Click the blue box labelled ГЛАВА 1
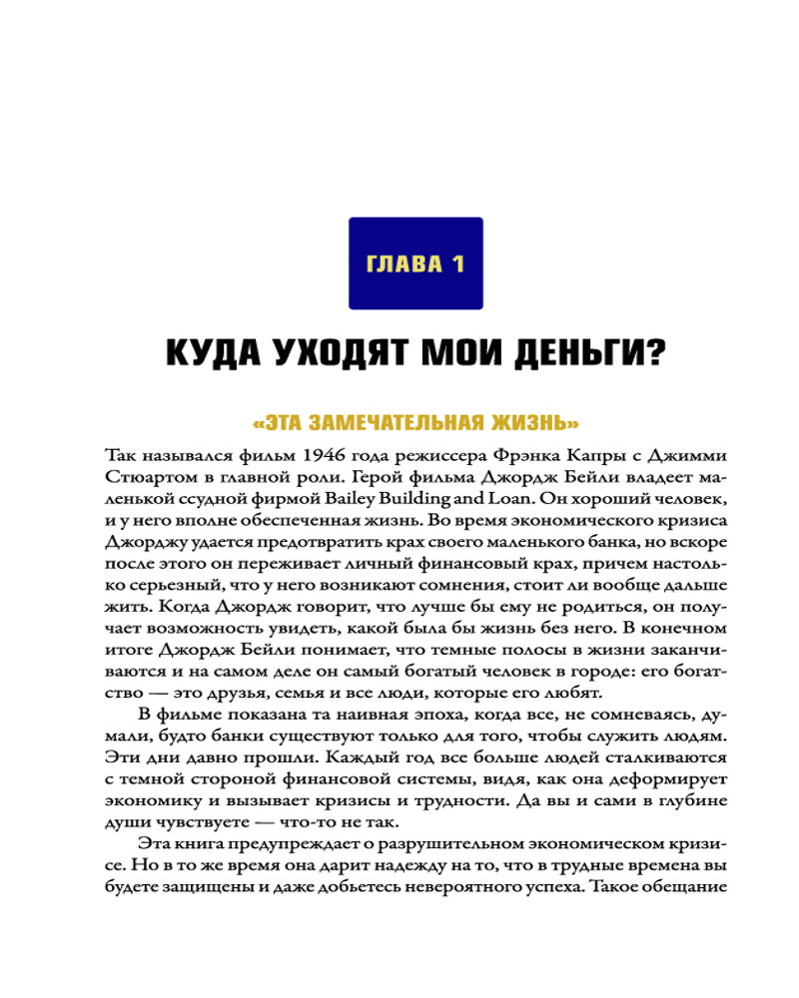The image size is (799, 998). point(415,263)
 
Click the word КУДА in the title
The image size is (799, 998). point(209,353)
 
